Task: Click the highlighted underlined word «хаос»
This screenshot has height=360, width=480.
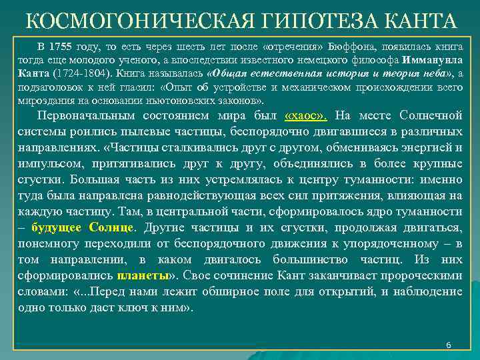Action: point(305,115)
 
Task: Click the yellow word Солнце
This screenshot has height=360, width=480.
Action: point(109,227)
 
